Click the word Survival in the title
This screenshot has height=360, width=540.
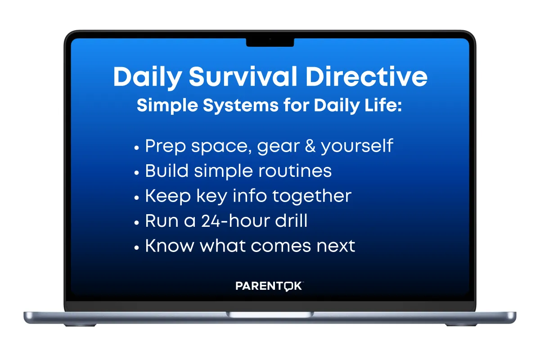[x=243, y=76]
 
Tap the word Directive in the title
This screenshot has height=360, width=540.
[x=366, y=76]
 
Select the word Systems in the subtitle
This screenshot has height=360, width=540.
[x=241, y=106]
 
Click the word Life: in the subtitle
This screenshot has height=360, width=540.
[x=383, y=105]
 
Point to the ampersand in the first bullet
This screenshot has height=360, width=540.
[x=310, y=146]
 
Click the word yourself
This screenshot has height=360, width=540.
[x=357, y=146]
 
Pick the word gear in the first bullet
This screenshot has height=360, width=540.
[x=278, y=147]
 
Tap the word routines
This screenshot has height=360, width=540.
[x=295, y=171]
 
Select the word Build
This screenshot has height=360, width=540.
[x=166, y=171]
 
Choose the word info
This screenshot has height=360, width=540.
[x=250, y=196]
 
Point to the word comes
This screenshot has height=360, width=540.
[x=281, y=246]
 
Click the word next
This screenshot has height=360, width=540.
[x=336, y=246]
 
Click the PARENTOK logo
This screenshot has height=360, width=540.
[x=269, y=286]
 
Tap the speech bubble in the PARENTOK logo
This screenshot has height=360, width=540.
[x=288, y=287]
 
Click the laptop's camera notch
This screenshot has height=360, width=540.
[x=270, y=42]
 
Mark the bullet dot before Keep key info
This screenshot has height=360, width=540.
[x=136, y=198]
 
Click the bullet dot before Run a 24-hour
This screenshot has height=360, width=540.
[x=136, y=223]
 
